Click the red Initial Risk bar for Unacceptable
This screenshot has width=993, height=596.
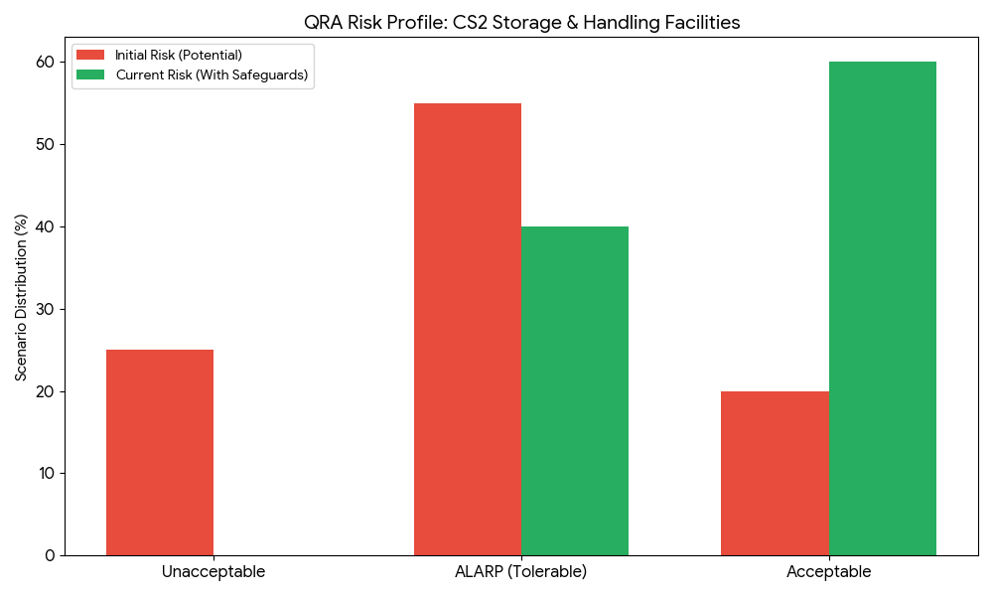160,452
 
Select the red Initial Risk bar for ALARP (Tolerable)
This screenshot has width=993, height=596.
468,329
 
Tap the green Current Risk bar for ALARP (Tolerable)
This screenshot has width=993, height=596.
575,390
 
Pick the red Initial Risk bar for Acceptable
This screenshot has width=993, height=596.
775,473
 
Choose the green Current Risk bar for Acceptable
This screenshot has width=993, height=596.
883,308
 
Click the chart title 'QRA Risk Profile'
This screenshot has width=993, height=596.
521,22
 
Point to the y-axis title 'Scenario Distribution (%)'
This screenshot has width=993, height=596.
21,297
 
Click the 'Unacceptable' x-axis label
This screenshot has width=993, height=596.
213,572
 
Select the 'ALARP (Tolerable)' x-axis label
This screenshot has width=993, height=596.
521,572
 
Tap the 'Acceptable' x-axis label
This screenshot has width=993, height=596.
828,572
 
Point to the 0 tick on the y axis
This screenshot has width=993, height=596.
50,555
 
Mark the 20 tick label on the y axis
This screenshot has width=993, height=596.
46,391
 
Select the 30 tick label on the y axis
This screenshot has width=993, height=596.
46,309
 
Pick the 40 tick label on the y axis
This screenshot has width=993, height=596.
46,226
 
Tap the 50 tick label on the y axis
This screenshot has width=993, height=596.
46,144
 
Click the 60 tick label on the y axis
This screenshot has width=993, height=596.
46,62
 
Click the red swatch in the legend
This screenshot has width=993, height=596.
91,55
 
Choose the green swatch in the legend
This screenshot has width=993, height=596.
91,74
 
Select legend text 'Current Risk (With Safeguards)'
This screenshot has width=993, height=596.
212,74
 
